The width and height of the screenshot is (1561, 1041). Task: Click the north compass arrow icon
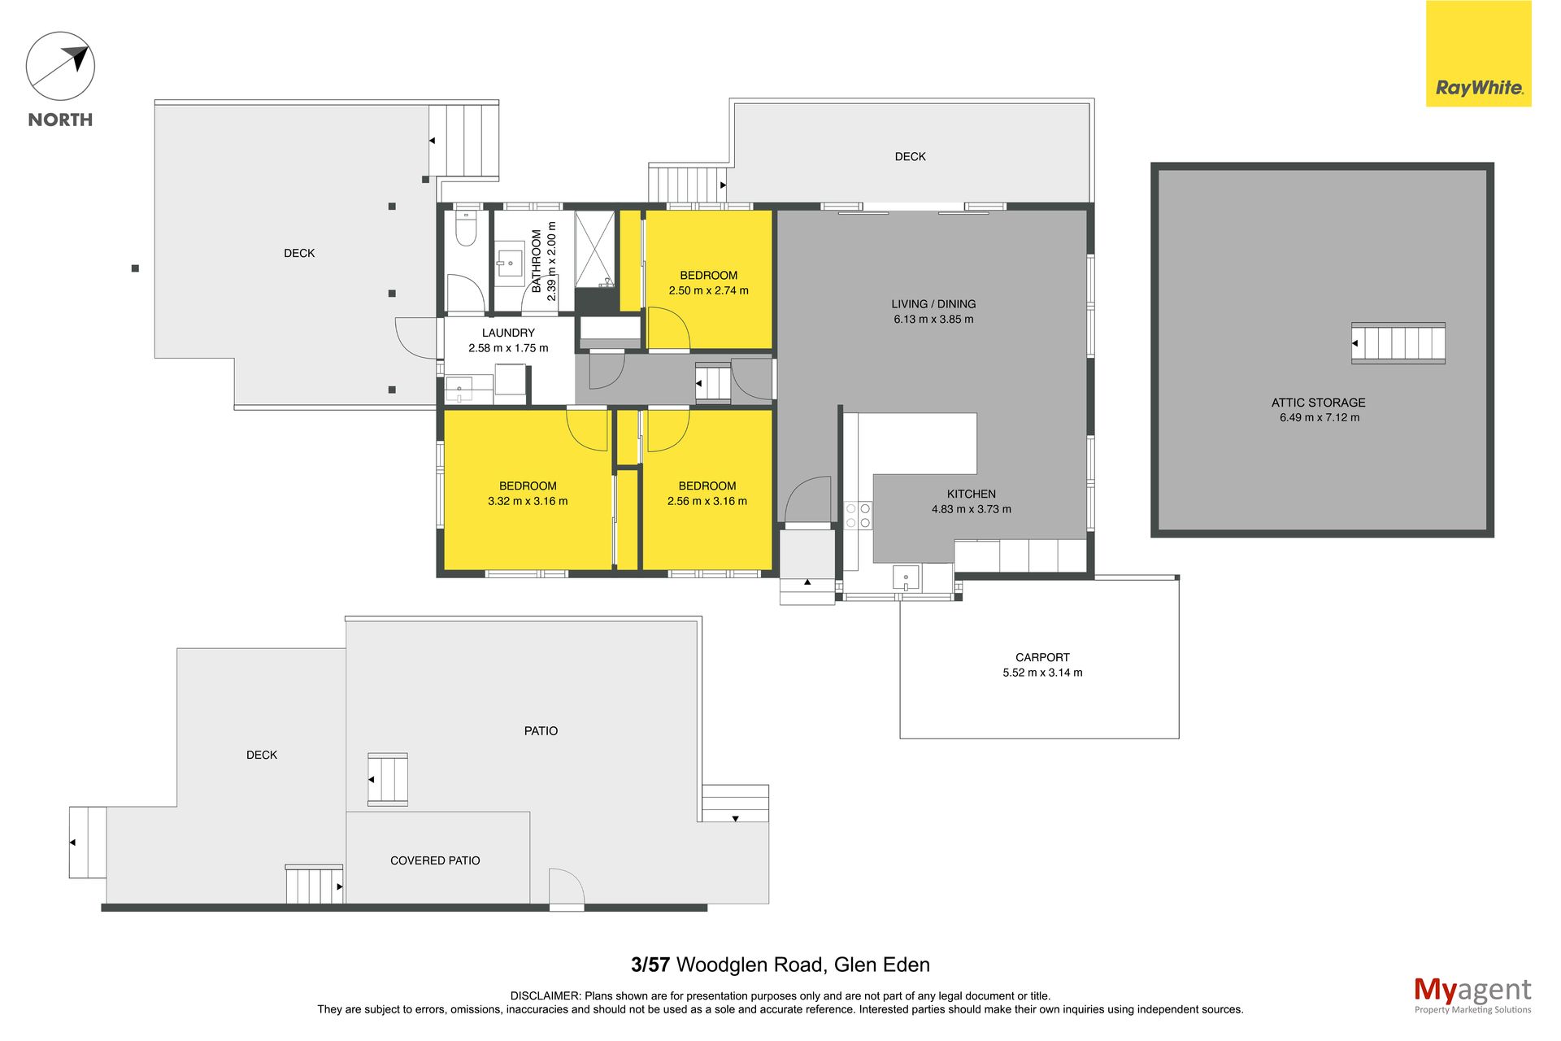(x=60, y=66)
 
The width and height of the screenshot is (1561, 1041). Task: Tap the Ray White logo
(x=1478, y=54)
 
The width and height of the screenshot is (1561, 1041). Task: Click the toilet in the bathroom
(x=466, y=229)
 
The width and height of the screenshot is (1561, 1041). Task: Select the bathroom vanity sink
(x=510, y=262)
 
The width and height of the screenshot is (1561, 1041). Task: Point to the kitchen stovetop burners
(x=858, y=516)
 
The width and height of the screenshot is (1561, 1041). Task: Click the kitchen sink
(x=906, y=577)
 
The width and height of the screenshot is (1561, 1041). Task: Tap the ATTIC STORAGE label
(x=1318, y=403)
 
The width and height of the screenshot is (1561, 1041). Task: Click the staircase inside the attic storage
(x=1398, y=343)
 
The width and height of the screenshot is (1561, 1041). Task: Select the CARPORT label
(x=1042, y=657)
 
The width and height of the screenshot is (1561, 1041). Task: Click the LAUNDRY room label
(x=508, y=333)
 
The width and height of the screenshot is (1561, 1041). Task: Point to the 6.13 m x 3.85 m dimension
(x=933, y=320)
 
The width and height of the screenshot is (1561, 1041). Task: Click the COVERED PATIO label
(x=435, y=860)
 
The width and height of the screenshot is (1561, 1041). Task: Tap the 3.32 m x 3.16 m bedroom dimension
(x=528, y=502)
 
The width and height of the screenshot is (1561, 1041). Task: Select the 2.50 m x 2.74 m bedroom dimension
(x=708, y=290)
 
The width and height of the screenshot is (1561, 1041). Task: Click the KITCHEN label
(x=971, y=494)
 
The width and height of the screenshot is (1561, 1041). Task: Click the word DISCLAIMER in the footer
(x=546, y=996)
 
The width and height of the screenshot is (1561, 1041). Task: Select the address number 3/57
(x=650, y=965)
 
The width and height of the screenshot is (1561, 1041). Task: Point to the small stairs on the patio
(x=388, y=779)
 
